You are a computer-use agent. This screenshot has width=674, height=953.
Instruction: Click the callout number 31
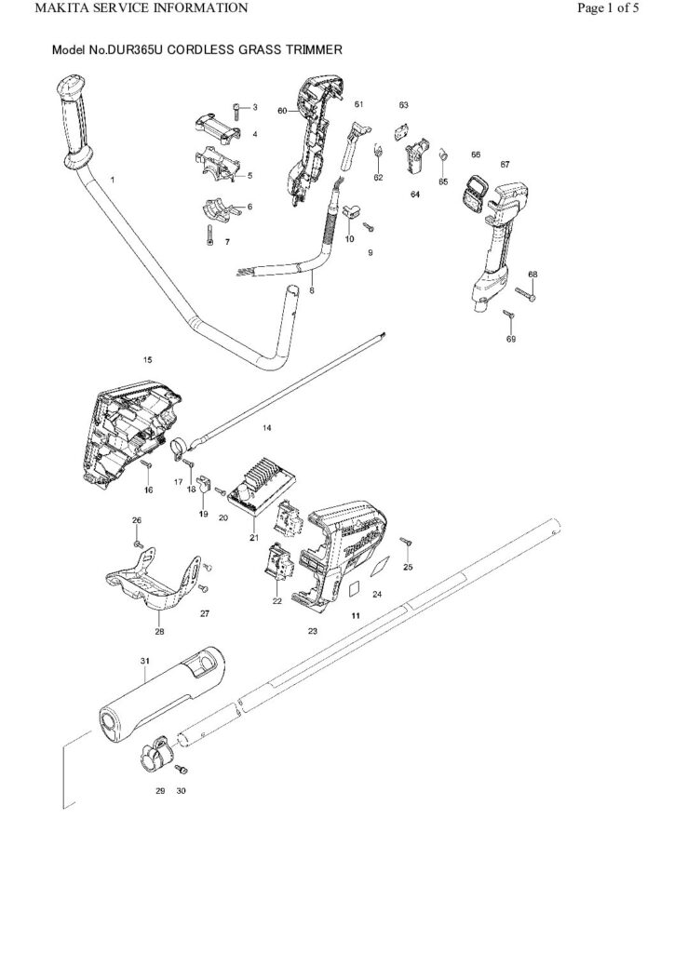pos(145,660)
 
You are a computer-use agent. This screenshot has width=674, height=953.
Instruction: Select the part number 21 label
pos(253,537)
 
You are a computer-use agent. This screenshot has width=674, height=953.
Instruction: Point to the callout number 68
pos(532,275)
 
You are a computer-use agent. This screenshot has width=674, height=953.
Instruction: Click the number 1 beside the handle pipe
pos(114,178)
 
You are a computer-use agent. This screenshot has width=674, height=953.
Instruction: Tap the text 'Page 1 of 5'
pos(608,8)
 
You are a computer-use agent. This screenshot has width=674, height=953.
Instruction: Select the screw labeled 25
pos(407,541)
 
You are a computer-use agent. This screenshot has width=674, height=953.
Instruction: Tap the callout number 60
pos(282,110)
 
